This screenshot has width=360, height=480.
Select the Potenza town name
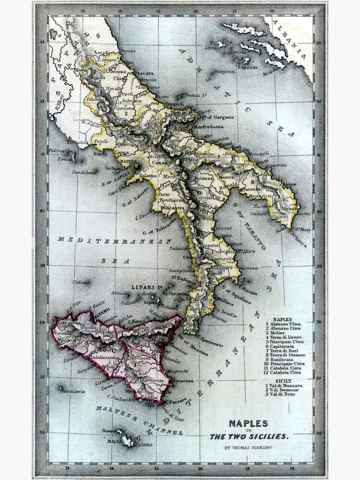203,178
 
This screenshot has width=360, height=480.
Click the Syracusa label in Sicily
183,381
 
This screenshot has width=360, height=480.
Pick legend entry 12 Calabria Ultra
286,372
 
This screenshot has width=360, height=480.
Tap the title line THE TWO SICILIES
249,436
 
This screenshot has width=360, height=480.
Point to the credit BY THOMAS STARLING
248,447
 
